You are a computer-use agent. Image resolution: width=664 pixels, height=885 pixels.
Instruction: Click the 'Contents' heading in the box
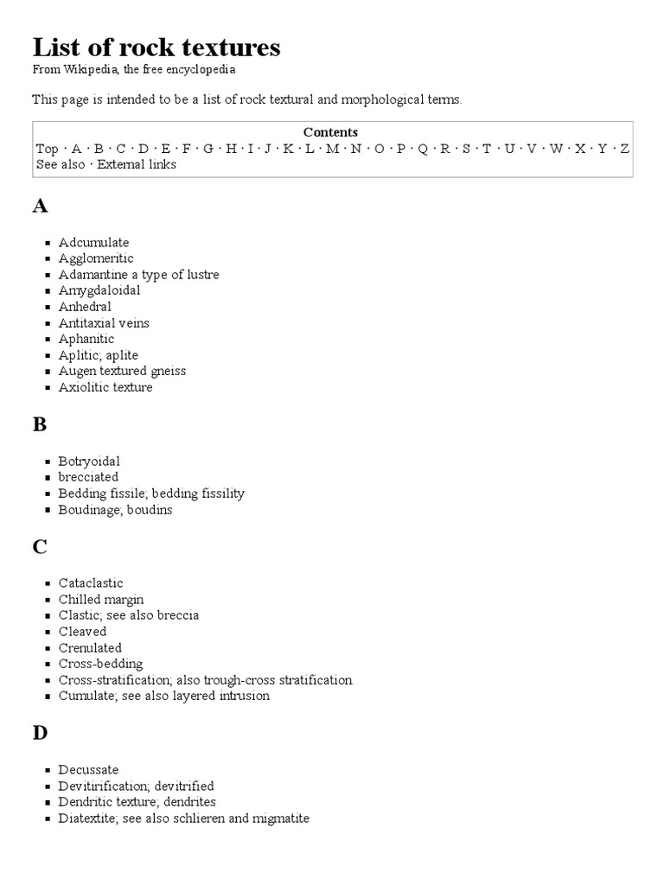coord(330,132)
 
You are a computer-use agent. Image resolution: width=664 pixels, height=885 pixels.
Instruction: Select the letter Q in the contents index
coord(423,149)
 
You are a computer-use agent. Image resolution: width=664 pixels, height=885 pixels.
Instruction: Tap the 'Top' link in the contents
coord(47,149)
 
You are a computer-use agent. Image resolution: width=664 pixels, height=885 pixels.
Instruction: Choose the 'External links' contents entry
coord(137,164)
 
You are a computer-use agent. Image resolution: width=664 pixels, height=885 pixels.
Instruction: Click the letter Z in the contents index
coord(625,149)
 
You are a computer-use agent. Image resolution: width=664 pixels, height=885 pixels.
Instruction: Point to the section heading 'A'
coord(40,206)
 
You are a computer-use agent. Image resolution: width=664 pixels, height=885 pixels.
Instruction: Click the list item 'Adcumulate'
coord(93,242)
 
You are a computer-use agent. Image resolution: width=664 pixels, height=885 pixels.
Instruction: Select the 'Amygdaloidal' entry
coord(99,290)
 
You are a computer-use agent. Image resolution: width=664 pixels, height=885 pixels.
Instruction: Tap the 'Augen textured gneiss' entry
coord(122,371)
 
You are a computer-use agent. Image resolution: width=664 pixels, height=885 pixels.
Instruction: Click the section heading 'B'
coord(40,424)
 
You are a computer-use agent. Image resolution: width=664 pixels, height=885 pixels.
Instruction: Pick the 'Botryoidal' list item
coord(89,462)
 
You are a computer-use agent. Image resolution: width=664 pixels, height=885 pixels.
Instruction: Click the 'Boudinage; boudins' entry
coord(115,510)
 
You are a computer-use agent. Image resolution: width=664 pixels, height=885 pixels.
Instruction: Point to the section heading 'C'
coord(40,547)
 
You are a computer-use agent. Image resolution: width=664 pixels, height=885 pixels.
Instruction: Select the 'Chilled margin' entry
coord(101,599)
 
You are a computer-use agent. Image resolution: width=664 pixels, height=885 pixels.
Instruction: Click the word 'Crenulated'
coord(90,647)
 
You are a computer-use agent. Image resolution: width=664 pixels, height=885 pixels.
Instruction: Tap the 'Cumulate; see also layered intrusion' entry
coord(163,696)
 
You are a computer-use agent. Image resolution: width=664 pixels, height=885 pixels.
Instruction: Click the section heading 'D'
coord(40,733)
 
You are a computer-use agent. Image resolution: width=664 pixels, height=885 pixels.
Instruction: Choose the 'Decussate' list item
coord(88,769)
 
